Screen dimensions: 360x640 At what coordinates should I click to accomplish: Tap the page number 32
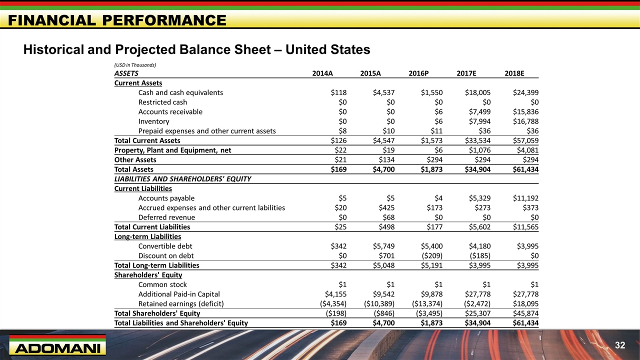click(x=620, y=345)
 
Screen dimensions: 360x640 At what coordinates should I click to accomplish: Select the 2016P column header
click(x=418, y=73)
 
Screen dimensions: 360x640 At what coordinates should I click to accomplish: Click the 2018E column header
click(x=514, y=73)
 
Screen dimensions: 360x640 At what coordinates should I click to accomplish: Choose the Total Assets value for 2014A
click(x=337, y=169)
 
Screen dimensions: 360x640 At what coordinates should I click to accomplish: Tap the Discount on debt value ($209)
click(x=427, y=256)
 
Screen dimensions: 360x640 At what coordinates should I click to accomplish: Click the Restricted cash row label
click(x=162, y=102)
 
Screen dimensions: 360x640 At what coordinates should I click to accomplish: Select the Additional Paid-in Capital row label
click(x=179, y=294)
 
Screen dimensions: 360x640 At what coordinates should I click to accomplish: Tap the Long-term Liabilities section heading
click(x=147, y=236)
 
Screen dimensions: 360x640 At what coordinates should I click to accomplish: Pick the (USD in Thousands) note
click(x=135, y=65)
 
